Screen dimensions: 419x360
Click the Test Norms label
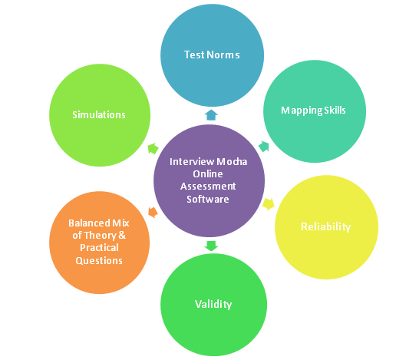coord(212,54)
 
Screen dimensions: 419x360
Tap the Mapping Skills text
coord(313,111)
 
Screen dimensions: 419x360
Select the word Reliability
coord(325,227)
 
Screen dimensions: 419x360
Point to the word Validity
coord(213,304)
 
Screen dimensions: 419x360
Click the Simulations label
coord(99,114)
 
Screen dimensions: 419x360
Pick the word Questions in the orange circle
coord(99,260)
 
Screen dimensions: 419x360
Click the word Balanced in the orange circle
coord(89,223)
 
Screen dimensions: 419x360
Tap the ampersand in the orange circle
coord(121,235)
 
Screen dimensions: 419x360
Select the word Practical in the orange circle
coord(99,248)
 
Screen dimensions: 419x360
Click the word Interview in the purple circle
coord(192,161)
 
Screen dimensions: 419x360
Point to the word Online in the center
coord(208,174)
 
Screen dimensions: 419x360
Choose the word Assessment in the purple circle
coord(208,187)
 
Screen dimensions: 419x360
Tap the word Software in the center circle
coord(208,199)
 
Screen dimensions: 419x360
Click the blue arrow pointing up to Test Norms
coord(211,114)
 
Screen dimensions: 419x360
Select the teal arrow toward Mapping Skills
coord(264,147)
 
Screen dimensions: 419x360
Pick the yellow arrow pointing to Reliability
coord(269,204)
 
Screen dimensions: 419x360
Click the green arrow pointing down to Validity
coord(211,246)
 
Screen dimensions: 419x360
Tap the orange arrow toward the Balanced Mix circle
coord(153,212)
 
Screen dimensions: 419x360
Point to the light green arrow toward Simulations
coord(153,149)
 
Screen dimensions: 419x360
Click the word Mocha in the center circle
coord(232,161)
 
